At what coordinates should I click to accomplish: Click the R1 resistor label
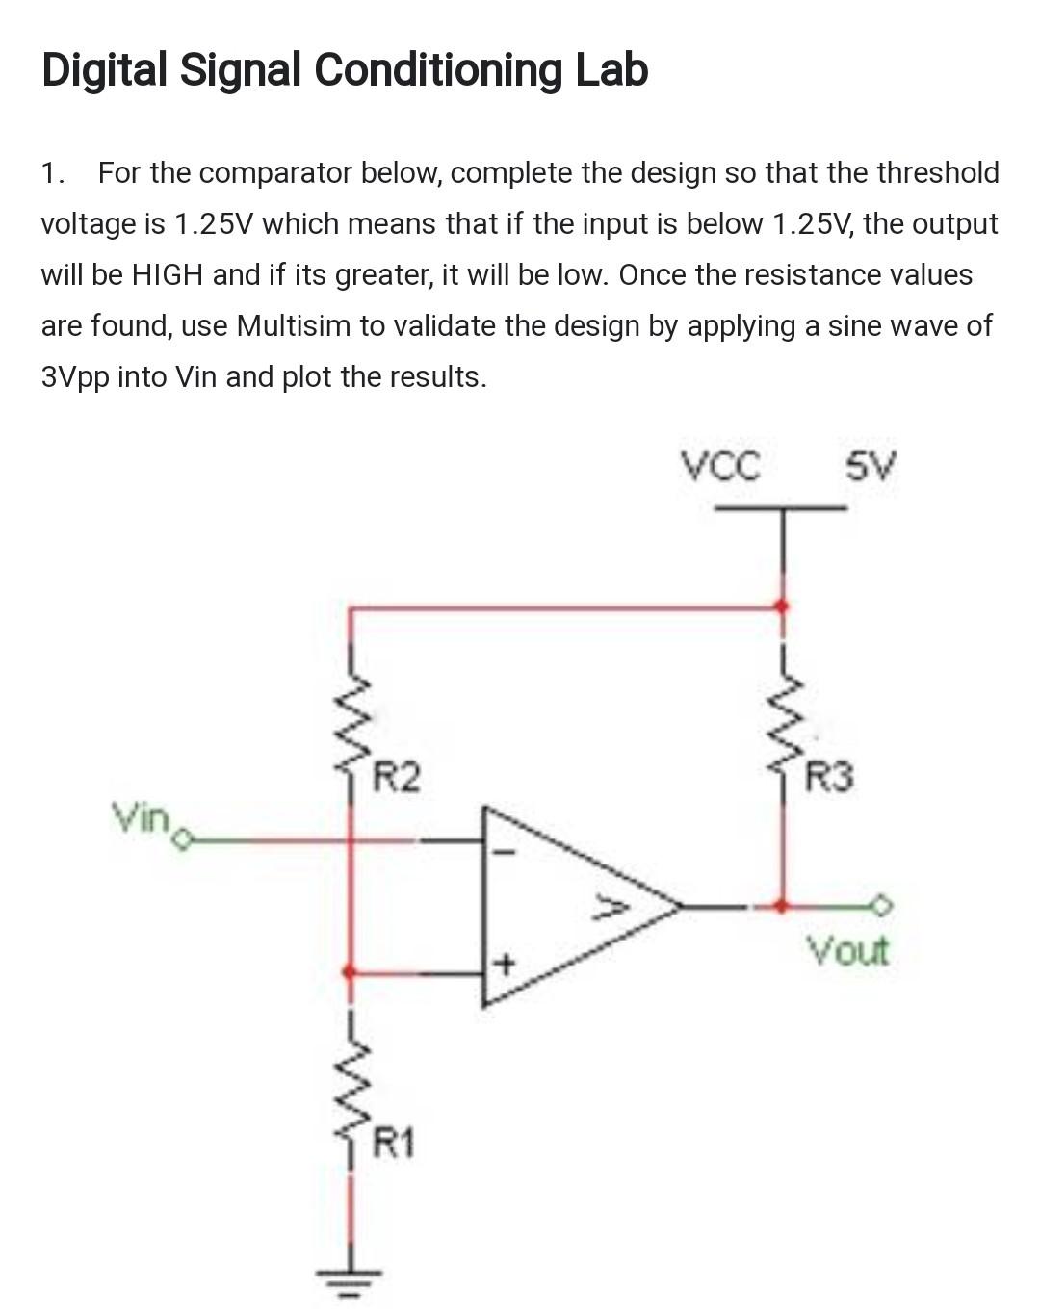coord(394,1145)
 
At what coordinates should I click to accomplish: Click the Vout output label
coord(847,951)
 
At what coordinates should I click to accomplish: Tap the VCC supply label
coord(720,467)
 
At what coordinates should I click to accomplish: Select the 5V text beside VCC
coord(871,468)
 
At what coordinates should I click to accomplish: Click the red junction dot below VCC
coord(782,606)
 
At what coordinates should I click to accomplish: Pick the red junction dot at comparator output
coord(782,906)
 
